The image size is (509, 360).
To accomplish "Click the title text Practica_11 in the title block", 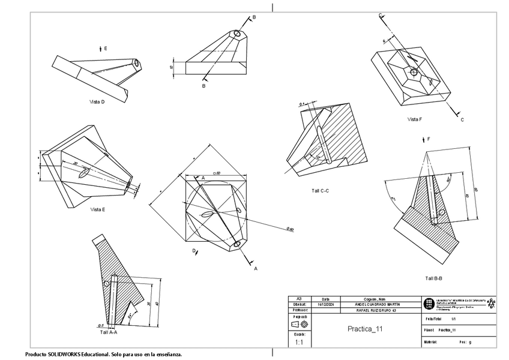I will tap(365, 329).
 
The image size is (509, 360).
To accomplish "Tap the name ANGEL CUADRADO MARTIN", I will tap(378, 304).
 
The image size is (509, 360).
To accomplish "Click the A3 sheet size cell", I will tap(299, 298).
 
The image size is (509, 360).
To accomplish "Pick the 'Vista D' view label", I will tap(97, 102).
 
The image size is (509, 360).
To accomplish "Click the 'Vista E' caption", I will tap(98, 209).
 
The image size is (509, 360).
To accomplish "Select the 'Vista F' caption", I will tap(415, 119).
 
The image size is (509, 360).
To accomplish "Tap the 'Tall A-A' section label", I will tap(109, 331).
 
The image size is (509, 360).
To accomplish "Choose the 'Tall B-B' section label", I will tap(433, 278).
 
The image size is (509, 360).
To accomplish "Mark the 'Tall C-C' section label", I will tap(320, 190).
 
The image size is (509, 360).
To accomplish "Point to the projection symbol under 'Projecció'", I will tap(299, 324).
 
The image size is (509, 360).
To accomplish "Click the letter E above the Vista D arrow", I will tap(106, 47).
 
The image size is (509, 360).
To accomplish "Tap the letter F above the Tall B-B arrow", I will tap(429, 139).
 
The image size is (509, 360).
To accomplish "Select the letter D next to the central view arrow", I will tap(193, 250).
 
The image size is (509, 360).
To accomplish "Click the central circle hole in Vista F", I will tap(413, 71).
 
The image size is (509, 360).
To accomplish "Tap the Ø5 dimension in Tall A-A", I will tap(101, 325).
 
